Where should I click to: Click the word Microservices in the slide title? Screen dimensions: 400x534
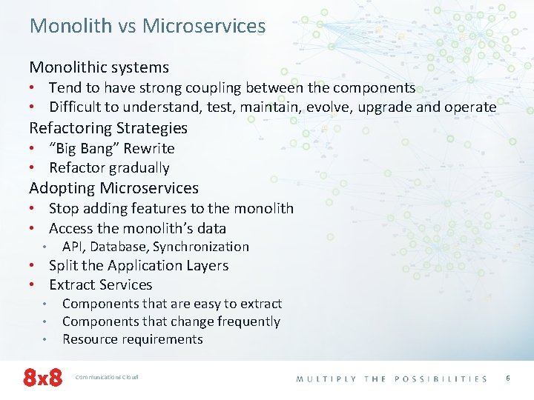(x=204, y=26)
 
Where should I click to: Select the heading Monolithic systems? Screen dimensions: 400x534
(x=99, y=67)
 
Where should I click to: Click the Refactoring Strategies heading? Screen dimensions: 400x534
(x=108, y=128)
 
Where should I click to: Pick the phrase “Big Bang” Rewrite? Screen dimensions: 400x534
(x=111, y=148)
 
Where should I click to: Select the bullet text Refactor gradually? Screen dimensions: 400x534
(x=109, y=168)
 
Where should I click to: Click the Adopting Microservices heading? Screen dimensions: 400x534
(x=113, y=188)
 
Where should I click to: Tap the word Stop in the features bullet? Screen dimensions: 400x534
(x=64, y=209)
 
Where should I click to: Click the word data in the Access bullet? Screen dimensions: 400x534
(x=211, y=229)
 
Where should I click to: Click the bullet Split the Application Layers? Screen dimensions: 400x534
(x=139, y=265)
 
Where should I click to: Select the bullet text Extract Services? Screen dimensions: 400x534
(x=100, y=285)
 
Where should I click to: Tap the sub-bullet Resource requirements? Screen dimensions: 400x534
(x=132, y=339)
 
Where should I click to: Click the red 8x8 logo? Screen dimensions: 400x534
(x=42, y=378)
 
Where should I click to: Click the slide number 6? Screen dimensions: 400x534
(x=508, y=378)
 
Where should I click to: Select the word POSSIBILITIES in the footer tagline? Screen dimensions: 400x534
(x=441, y=379)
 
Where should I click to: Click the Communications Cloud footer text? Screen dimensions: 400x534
(x=107, y=377)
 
